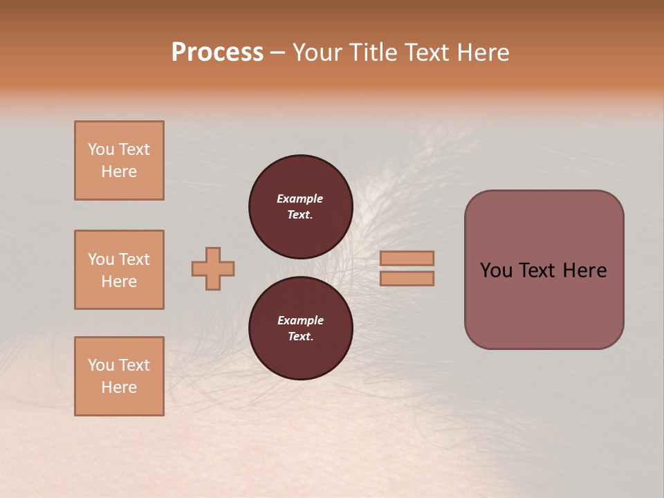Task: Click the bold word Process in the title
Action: [217, 52]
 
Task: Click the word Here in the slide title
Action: [483, 52]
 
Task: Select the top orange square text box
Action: [119, 160]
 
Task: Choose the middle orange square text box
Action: [119, 270]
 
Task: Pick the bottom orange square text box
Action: [119, 376]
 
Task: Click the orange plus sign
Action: [213, 268]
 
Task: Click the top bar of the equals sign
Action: [407, 258]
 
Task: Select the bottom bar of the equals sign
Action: [407, 278]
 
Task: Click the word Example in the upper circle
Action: [300, 199]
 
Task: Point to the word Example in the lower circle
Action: [300, 320]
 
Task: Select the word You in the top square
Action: [101, 149]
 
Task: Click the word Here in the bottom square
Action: [119, 387]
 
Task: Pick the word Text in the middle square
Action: [134, 259]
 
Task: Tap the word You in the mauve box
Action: [496, 270]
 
